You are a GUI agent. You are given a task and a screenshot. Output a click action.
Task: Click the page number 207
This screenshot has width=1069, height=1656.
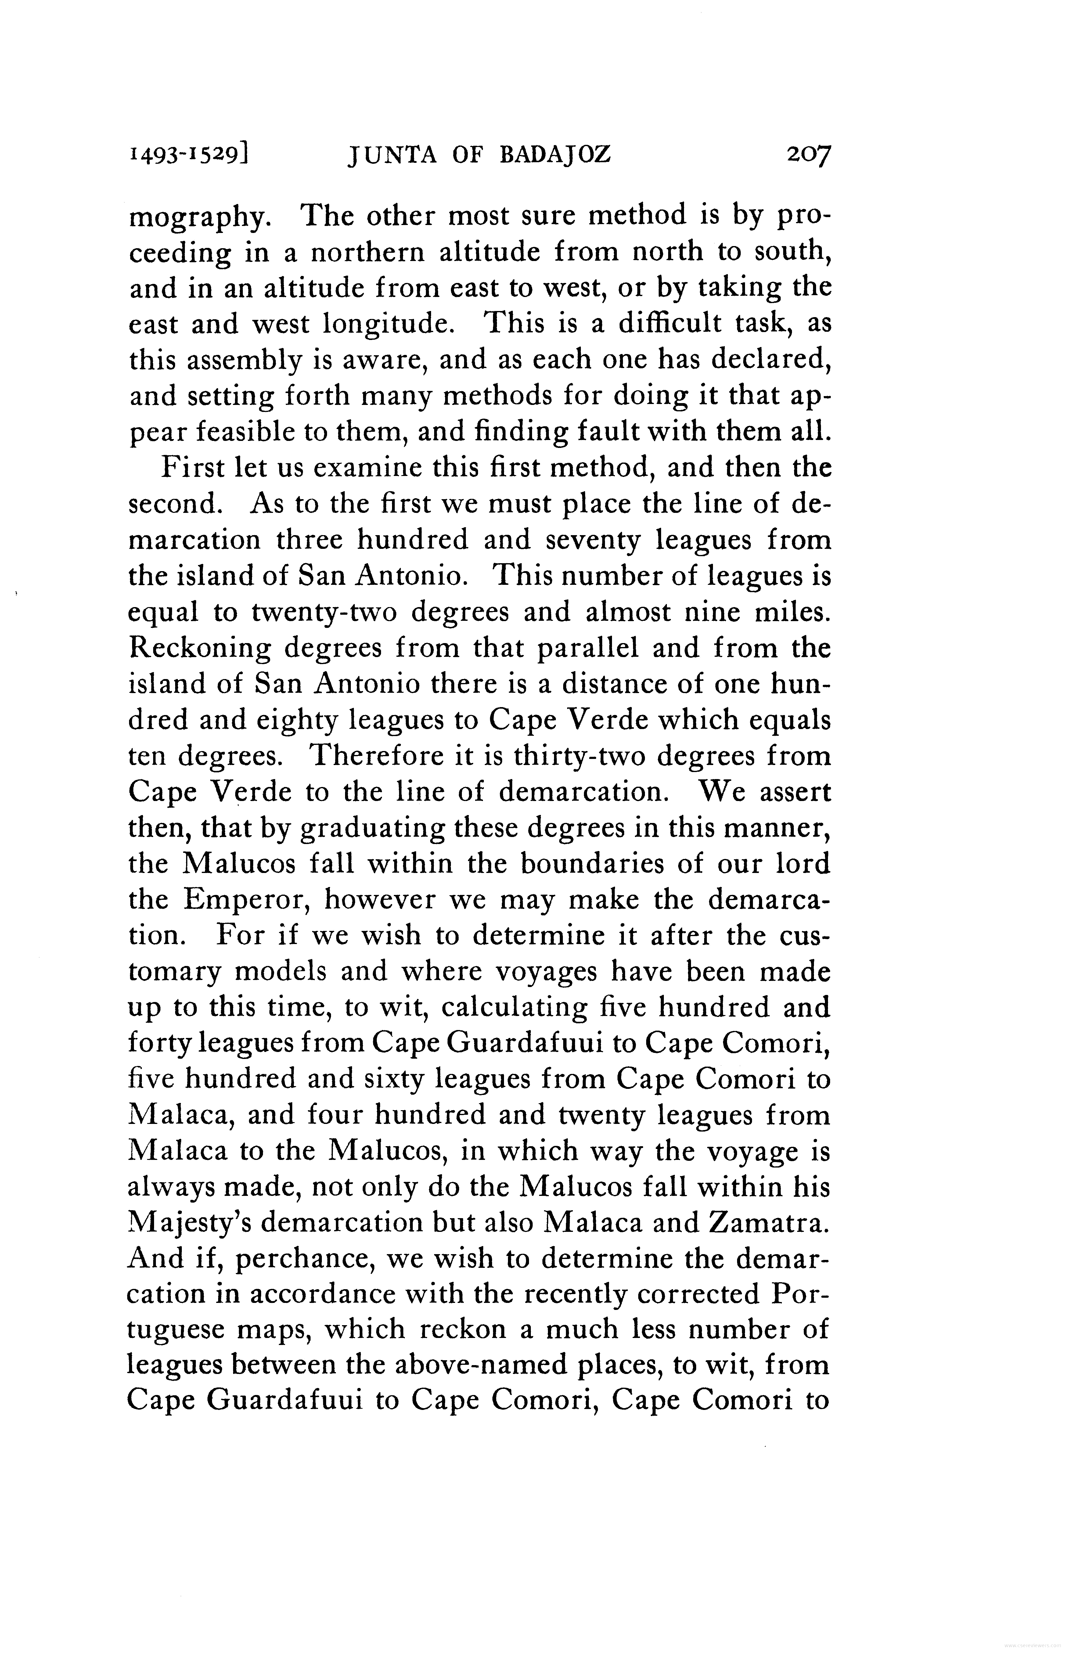click(x=808, y=155)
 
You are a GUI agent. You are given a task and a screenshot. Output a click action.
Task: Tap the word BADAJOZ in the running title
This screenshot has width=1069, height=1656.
click(x=555, y=155)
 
